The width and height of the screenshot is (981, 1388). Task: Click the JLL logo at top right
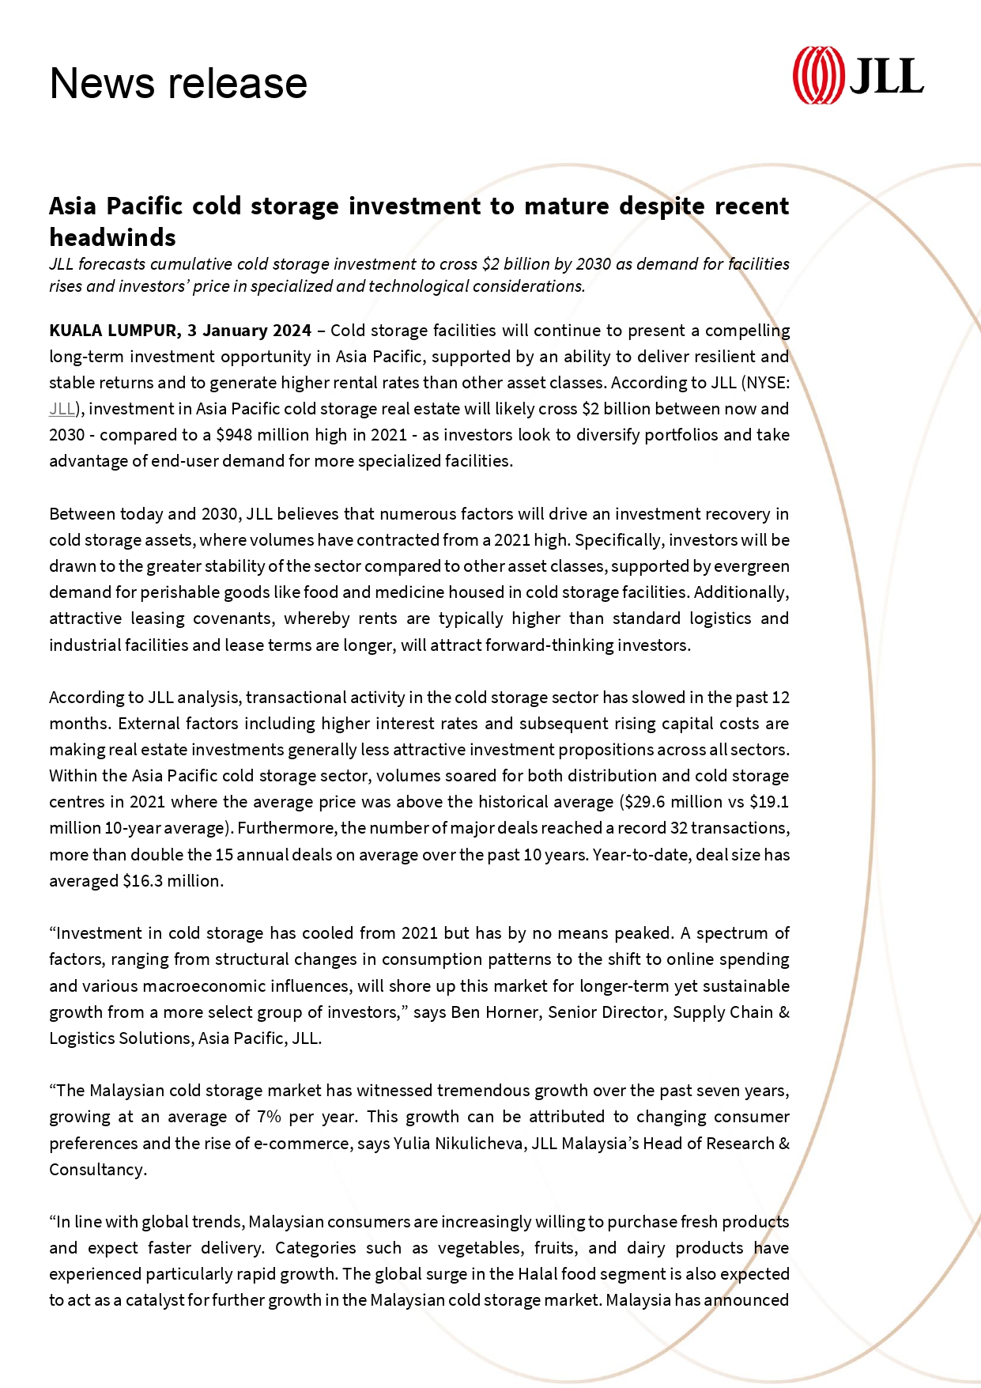(x=858, y=75)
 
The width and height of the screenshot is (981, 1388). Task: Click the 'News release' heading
(x=178, y=83)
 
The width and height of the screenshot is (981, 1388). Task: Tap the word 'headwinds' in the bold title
(x=112, y=237)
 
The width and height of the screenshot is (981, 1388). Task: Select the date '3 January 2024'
(x=250, y=330)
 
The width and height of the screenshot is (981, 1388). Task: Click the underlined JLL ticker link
(x=62, y=409)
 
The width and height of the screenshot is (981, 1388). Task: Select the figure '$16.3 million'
(x=172, y=881)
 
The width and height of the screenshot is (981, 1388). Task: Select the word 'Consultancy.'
(x=98, y=1170)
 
